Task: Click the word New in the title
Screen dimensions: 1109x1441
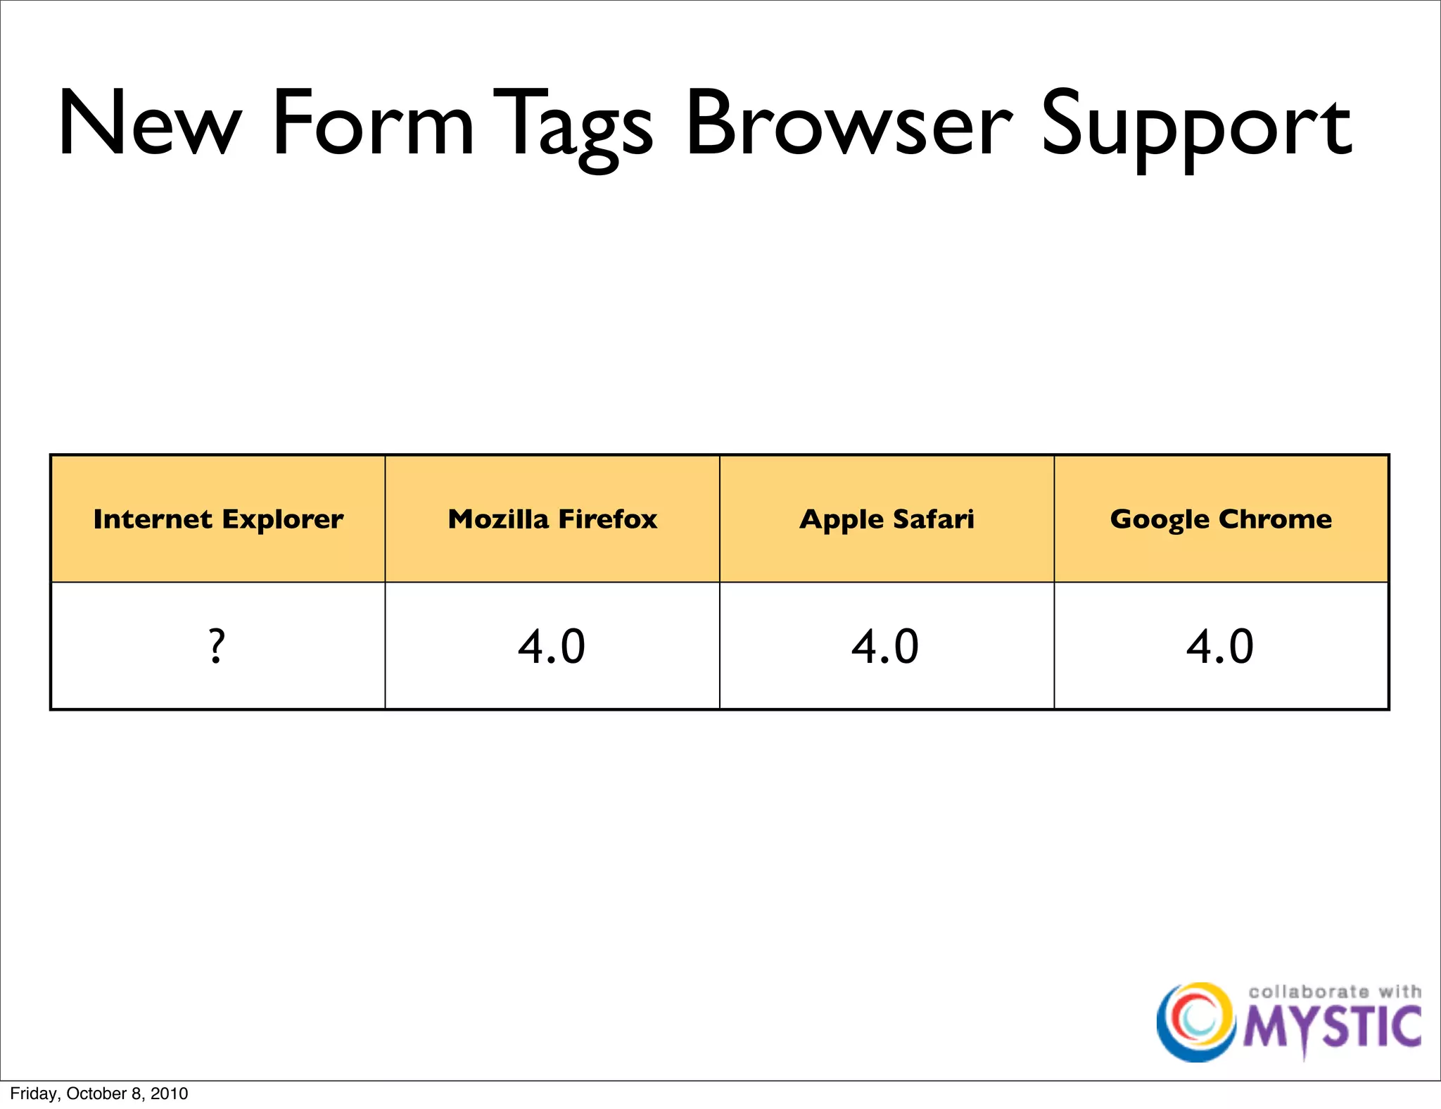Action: pyautogui.click(x=150, y=124)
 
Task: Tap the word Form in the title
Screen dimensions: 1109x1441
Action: pyautogui.click(x=374, y=124)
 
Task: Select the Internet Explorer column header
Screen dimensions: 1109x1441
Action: pyautogui.click(x=218, y=519)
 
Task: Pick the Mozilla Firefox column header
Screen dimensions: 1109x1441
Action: pyautogui.click(x=552, y=519)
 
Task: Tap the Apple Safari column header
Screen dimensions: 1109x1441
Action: pyautogui.click(x=887, y=519)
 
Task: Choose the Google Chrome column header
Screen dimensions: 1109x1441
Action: pyautogui.click(x=1221, y=519)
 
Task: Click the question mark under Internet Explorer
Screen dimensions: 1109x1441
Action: pyautogui.click(x=217, y=646)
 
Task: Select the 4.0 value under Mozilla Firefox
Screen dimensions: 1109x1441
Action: pyautogui.click(x=552, y=646)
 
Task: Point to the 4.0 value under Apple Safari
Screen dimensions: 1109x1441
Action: pyautogui.click(x=885, y=646)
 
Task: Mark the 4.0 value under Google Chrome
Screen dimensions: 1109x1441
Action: pyautogui.click(x=1220, y=646)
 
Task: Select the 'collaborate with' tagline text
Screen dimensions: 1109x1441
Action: pyautogui.click(x=1335, y=991)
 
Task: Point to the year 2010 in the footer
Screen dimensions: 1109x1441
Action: pyautogui.click(x=169, y=1094)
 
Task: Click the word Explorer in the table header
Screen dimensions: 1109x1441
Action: pyautogui.click(x=282, y=519)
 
